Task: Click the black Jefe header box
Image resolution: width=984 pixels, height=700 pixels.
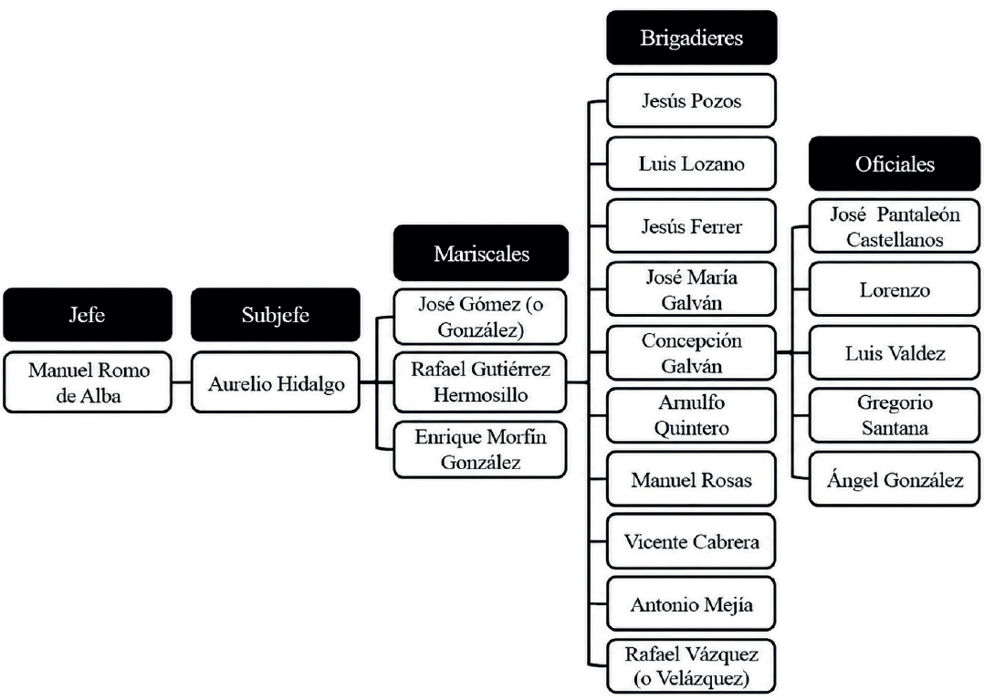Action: pos(88,314)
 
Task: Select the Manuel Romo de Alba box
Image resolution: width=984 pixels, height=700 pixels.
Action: pos(88,382)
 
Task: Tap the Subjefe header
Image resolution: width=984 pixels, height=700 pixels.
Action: pos(276,314)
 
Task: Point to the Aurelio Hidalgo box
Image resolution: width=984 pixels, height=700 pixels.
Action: pos(276,382)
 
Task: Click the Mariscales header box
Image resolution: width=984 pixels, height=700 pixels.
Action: pos(481,253)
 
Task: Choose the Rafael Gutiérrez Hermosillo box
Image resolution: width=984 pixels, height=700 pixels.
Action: pos(480,381)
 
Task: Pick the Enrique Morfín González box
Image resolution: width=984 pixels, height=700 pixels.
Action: pos(480,450)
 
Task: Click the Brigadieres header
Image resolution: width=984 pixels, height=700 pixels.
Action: pos(692,37)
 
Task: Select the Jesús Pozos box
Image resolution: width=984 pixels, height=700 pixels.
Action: pos(692,100)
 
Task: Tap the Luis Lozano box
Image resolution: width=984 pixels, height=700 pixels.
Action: pos(692,163)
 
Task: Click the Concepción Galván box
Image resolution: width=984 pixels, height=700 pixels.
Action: pos(692,352)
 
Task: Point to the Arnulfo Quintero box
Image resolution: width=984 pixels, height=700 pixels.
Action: pos(692,415)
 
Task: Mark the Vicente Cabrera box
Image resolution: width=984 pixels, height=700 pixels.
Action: pos(692,541)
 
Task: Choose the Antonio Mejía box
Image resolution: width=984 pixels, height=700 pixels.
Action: pos(692,604)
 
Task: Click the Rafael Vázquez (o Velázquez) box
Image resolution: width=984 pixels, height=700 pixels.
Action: pos(692,666)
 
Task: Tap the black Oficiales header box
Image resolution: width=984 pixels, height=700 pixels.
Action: pos(895,163)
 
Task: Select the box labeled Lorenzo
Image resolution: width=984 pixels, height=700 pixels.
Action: pos(895,289)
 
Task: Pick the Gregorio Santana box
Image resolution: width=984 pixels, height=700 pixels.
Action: pos(895,415)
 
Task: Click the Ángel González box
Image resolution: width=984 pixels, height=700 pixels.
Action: pos(895,480)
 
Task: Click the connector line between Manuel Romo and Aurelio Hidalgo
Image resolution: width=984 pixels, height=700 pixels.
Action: pos(182,382)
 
